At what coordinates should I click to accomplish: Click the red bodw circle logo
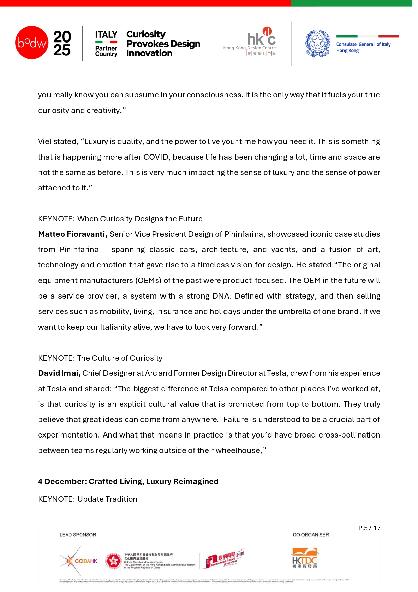point(32,43)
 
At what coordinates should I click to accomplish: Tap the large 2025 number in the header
point(62,43)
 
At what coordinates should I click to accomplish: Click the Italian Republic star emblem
point(318,43)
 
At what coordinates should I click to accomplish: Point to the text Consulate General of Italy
point(363,44)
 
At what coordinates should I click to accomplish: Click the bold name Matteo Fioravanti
point(73,234)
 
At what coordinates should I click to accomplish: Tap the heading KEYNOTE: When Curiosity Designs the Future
point(120,219)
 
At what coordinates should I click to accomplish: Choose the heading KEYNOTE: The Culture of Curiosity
point(100,358)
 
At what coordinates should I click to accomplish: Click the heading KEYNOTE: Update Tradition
point(88,499)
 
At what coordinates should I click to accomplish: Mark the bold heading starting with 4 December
point(128,481)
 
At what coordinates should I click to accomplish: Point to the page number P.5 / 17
point(369,528)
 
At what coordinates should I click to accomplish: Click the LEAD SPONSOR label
point(78,535)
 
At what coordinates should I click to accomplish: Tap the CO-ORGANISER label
point(311,535)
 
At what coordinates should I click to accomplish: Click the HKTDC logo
point(305,559)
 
